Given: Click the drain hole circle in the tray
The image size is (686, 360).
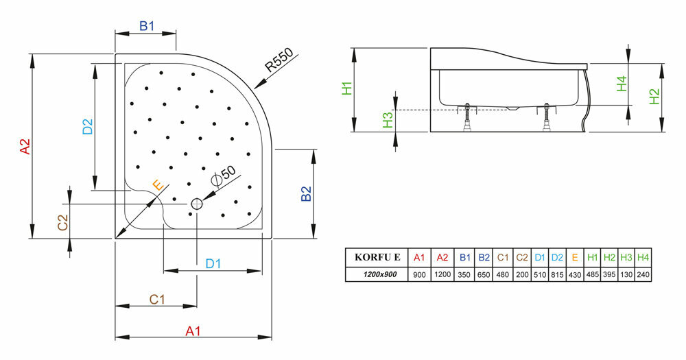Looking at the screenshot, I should tap(197, 204).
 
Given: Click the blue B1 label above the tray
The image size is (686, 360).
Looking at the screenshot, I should tap(147, 27).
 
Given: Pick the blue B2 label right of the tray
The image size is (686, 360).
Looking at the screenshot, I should tap(306, 194).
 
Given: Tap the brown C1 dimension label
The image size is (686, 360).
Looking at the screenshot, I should tap(156, 299).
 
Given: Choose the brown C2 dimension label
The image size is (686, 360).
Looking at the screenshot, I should tap(62, 222).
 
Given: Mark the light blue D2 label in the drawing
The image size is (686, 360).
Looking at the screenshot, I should tap(87, 128).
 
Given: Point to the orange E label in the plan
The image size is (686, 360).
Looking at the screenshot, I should tap(157, 185).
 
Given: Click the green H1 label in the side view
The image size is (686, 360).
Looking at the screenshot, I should tap(347, 88).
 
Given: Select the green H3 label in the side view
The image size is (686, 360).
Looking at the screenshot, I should tap(388, 120).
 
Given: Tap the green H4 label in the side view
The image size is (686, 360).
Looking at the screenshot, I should tap(622, 84).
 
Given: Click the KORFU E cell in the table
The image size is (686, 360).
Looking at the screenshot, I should tap(377, 258).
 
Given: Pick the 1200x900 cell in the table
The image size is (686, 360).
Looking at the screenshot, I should tap(377, 274).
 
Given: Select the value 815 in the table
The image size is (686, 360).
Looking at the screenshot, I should tap(557, 274).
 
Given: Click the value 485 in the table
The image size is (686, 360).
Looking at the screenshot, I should tap(592, 274).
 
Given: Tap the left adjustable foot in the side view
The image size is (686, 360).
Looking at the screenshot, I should tap(469, 118).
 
